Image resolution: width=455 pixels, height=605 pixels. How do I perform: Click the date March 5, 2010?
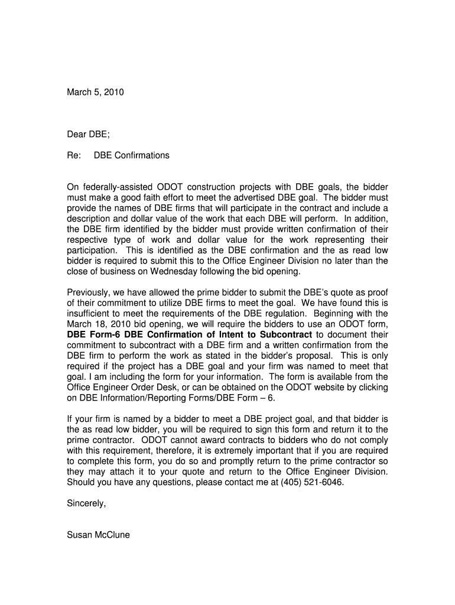tap(96, 92)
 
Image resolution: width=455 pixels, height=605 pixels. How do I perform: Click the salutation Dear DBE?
tap(89, 134)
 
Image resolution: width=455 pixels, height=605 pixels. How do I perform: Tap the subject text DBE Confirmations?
tap(132, 155)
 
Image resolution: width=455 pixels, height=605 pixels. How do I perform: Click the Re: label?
tap(74, 155)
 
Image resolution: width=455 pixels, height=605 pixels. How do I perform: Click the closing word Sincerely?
tap(86, 503)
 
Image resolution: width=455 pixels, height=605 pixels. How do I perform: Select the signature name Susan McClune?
tap(99, 535)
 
